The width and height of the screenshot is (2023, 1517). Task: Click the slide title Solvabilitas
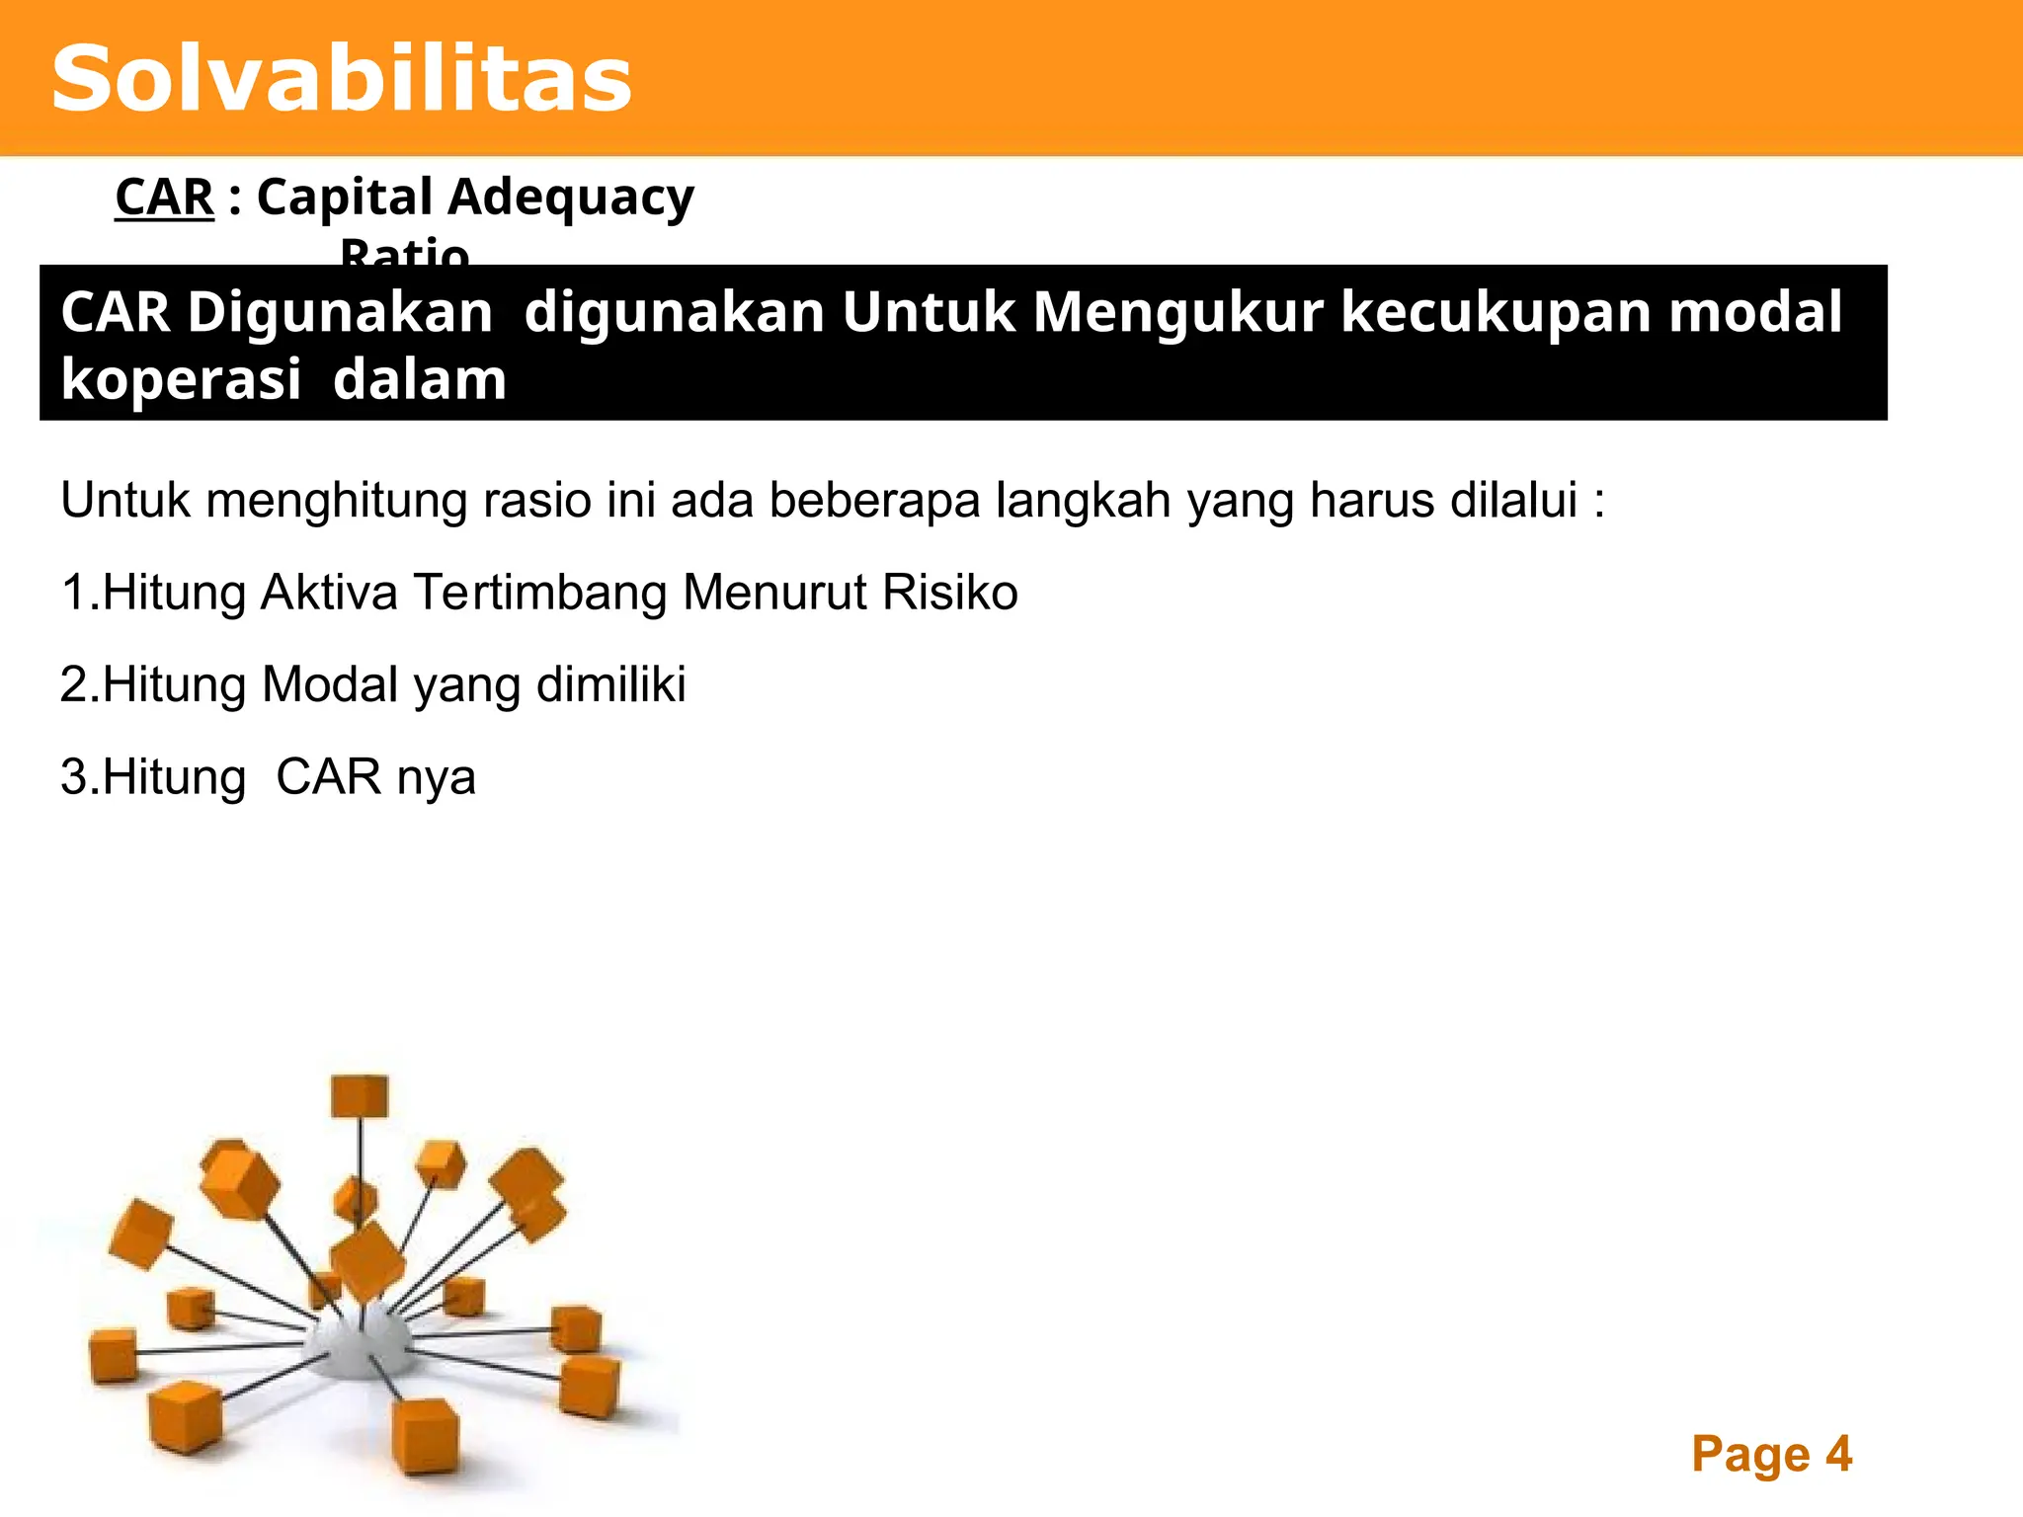pyautogui.click(x=342, y=79)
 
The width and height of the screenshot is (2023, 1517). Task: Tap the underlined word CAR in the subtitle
pyautogui.click(x=164, y=197)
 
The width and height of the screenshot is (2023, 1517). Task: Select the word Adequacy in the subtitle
pyautogui.click(x=571, y=199)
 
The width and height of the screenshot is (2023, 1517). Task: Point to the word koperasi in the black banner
pyautogui.click(x=181, y=380)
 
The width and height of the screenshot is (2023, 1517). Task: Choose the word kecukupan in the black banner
pyautogui.click(x=1496, y=314)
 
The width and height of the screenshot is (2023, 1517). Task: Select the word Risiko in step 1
pyautogui.click(x=949, y=593)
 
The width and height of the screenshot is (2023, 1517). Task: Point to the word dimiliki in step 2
pyautogui.click(x=610, y=684)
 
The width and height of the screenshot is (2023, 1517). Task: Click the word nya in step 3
pyautogui.click(x=436, y=778)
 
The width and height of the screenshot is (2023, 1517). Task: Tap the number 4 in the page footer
pyautogui.click(x=1838, y=1454)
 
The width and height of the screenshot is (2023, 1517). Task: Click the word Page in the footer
pyautogui.click(x=1750, y=1455)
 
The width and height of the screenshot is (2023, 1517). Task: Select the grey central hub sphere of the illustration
pyautogui.click(x=358, y=1343)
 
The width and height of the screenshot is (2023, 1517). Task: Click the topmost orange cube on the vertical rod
pyautogui.click(x=360, y=1095)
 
